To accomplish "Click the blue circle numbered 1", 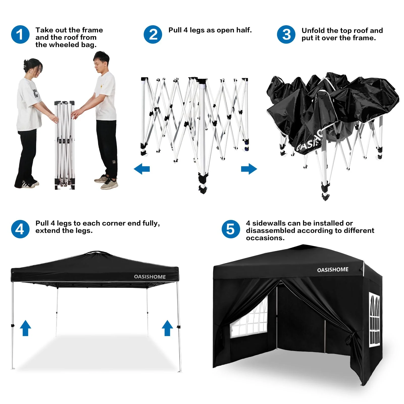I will (20, 35).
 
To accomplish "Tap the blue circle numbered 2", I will (153, 35).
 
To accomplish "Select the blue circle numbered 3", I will (286, 35).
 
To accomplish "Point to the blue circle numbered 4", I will (20, 229).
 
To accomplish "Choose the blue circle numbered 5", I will (231, 229).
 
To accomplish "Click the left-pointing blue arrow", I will (142, 169).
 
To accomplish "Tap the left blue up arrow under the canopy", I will (25, 328).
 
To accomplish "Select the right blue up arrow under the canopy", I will (167, 328).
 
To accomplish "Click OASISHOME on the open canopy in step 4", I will (150, 277).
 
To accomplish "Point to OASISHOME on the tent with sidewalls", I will (333, 270).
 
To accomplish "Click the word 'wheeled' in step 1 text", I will (66, 45).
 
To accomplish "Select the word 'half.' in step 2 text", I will (244, 30).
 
